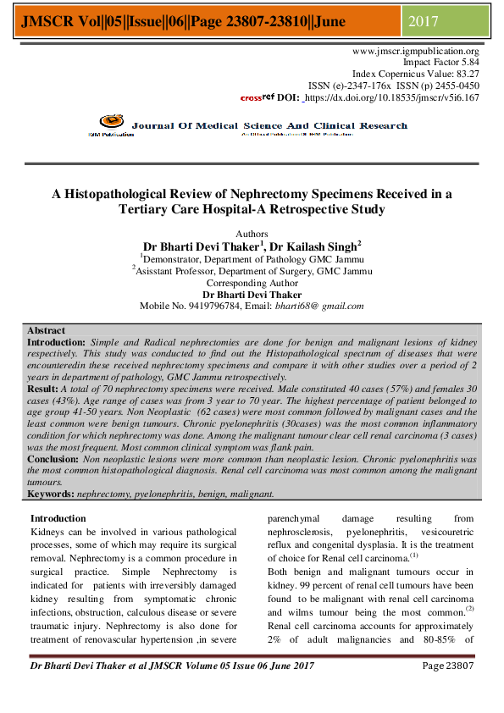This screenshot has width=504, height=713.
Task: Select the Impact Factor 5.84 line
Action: click(x=440, y=63)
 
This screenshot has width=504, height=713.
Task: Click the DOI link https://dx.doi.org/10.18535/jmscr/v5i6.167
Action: click(x=392, y=97)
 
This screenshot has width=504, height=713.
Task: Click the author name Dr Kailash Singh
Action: click(x=319, y=246)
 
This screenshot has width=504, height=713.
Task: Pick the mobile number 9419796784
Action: click(x=205, y=306)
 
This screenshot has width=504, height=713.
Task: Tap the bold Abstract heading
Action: click(x=46, y=330)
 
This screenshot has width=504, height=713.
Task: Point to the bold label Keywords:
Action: click(x=51, y=493)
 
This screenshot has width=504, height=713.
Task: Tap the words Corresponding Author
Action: click(x=252, y=283)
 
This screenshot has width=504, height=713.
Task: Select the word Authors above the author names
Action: click(x=252, y=234)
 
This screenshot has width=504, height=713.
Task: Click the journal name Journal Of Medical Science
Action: click(x=207, y=125)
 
